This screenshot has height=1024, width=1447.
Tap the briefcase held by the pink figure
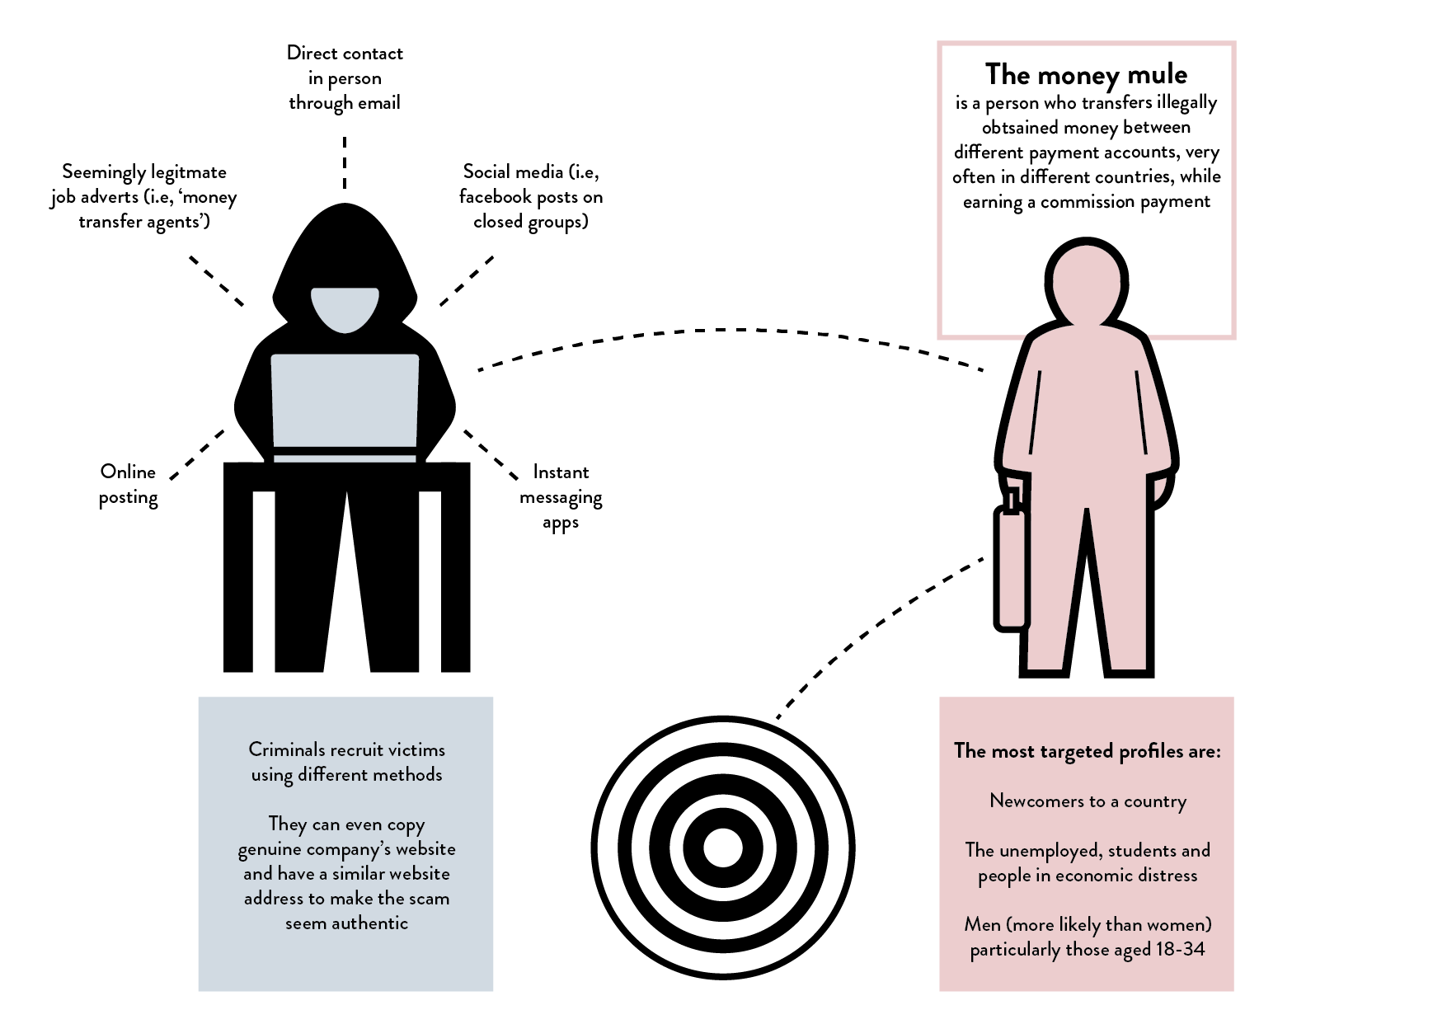1012,569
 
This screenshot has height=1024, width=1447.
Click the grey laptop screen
345,400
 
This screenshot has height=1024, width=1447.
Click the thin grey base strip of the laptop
345,458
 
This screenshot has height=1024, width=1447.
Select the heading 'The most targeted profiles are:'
1087,751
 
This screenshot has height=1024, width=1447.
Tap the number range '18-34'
1180,949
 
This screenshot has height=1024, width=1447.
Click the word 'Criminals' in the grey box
286,749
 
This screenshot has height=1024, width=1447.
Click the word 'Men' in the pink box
982,924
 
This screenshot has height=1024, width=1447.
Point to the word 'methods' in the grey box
406,774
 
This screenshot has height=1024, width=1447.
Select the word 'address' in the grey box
274,898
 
